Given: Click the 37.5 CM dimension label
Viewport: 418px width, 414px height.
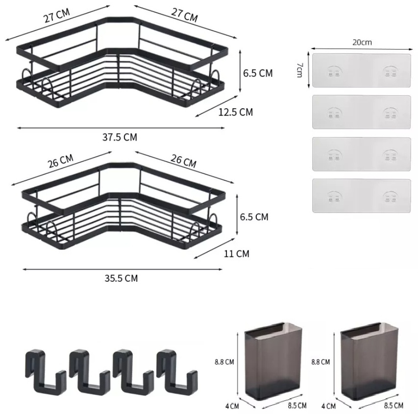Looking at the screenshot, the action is [120, 137].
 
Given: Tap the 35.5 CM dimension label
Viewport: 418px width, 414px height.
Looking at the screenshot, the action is [121, 278].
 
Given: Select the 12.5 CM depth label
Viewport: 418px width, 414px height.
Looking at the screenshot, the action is [236, 112].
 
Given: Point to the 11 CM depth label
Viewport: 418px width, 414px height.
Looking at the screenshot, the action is [237, 253].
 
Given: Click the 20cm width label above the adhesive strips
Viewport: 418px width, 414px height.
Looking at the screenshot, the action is [362, 43].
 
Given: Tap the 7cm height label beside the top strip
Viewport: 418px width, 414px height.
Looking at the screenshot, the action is [299, 70].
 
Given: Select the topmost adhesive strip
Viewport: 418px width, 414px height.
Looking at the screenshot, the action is [361, 71].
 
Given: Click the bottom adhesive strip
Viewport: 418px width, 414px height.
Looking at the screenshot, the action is [361, 196].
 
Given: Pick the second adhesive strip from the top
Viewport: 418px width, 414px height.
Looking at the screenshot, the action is [361, 112].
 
